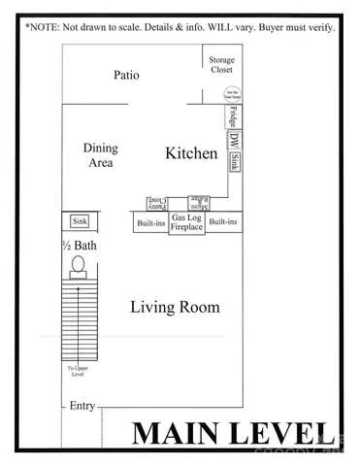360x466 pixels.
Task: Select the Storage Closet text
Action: pyautogui.click(x=222, y=65)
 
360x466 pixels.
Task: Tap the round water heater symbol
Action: pyautogui.click(x=222, y=93)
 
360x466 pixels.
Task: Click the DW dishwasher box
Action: pyautogui.click(x=234, y=140)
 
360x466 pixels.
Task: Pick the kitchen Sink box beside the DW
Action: pyautogui.click(x=234, y=161)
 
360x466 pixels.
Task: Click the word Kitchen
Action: pyautogui.click(x=191, y=153)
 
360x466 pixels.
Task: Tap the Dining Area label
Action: pyautogui.click(x=100, y=155)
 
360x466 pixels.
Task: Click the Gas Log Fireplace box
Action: pyautogui.click(x=186, y=224)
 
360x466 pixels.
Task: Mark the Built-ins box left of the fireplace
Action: pyautogui.click(x=150, y=222)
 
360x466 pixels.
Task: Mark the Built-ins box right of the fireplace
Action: pyautogui.click(x=223, y=222)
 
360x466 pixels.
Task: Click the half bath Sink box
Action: pyautogui.click(x=80, y=222)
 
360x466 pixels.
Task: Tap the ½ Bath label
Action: pyautogui.click(x=80, y=245)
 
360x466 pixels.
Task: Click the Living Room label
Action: pyautogui.click(x=175, y=308)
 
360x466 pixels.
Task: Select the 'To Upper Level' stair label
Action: pyautogui.click(x=77, y=372)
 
